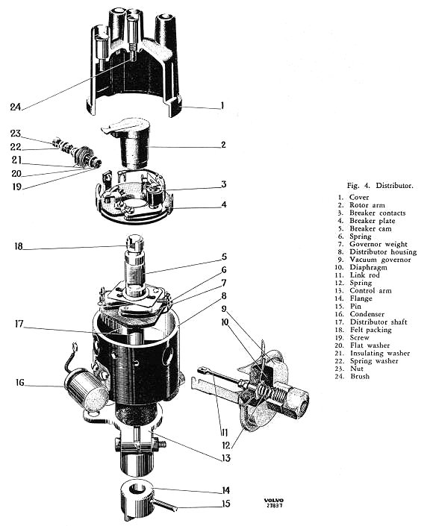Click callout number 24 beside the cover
coord(16,107)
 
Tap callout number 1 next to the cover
coord(222,106)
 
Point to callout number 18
coord(18,246)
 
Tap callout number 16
coord(20,382)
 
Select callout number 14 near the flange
coord(226,490)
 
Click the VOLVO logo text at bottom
coord(273,500)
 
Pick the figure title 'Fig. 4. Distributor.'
coord(380,185)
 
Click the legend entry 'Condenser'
coord(367,314)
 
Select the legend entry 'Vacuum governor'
coord(380,260)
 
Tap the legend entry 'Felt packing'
coord(370,330)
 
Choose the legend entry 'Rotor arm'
coord(367,205)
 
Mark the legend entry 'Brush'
coord(360,376)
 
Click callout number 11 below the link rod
coord(225,432)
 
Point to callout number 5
coord(224,257)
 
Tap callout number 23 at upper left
coord(16,133)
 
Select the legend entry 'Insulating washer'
coord(380,353)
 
